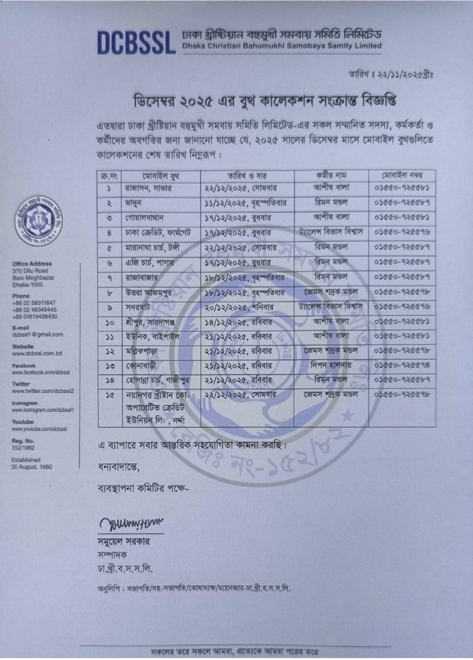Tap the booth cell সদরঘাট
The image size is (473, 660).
pyautogui.click(x=139, y=321)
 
